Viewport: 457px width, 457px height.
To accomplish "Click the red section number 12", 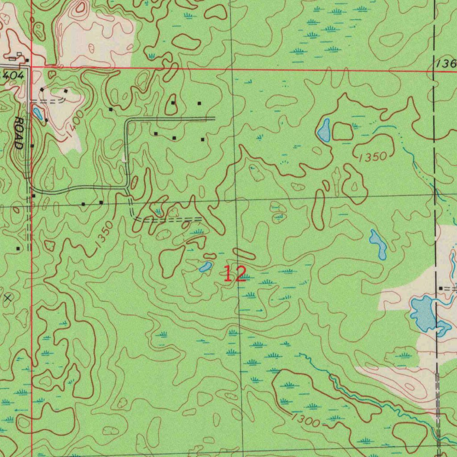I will click(x=235, y=274).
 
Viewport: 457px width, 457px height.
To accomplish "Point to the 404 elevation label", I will click(x=12, y=75).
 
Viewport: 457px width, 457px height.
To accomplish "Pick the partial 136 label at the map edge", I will click(x=447, y=64).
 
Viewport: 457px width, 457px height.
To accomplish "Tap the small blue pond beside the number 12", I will click(x=205, y=267).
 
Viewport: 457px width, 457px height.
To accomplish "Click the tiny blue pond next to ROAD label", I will click(x=38, y=113).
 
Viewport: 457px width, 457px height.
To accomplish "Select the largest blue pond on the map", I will click(x=423, y=313).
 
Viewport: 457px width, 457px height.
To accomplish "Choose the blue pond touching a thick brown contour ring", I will click(x=324, y=129).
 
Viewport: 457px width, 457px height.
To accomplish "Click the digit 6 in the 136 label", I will click(x=453, y=64).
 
